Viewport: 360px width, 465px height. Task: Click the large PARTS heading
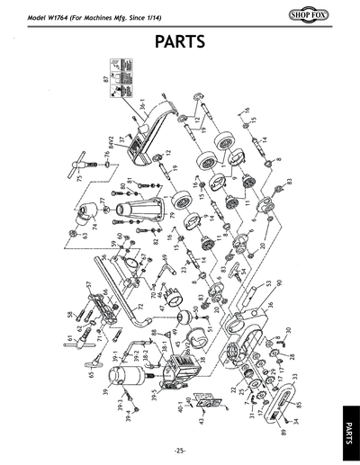click(x=180, y=41)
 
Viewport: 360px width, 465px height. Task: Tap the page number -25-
click(x=180, y=450)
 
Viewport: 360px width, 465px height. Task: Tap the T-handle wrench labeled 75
click(x=90, y=177)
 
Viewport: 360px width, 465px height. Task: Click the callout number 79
click(x=171, y=215)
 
